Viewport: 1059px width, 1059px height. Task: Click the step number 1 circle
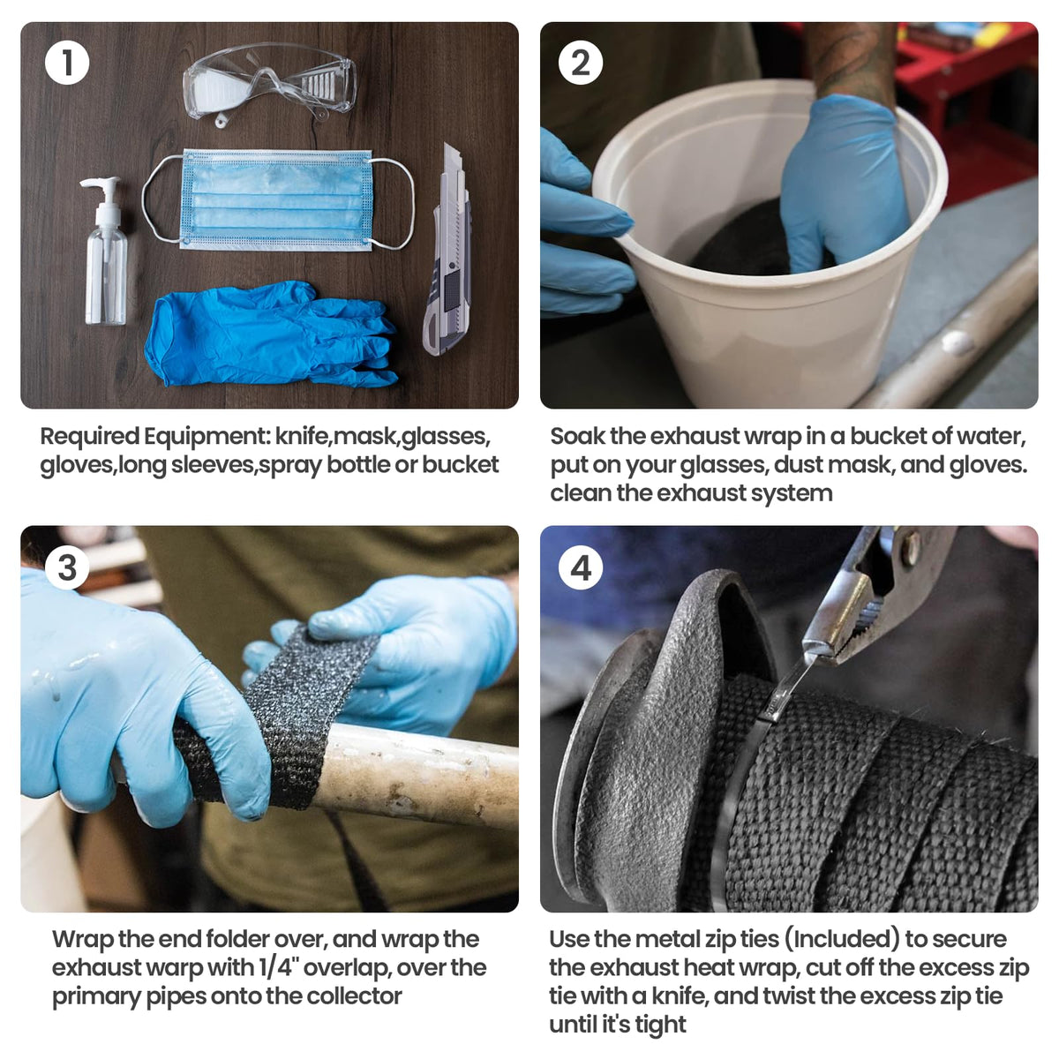pyautogui.click(x=67, y=63)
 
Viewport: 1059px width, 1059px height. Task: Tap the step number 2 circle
pyautogui.click(x=581, y=63)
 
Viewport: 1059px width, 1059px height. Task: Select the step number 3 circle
pyautogui.click(x=67, y=567)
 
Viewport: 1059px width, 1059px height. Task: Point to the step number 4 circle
pyautogui.click(x=581, y=567)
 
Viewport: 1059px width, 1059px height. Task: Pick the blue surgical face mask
pyautogui.click(x=276, y=200)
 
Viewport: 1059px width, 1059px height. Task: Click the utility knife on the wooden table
pyautogui.click(x=447, y=250)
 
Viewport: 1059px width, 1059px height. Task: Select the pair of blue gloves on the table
pyautogui.click(x=270, y=334)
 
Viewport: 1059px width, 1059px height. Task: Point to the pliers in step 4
pyautogui.click(x=879, y=594)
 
